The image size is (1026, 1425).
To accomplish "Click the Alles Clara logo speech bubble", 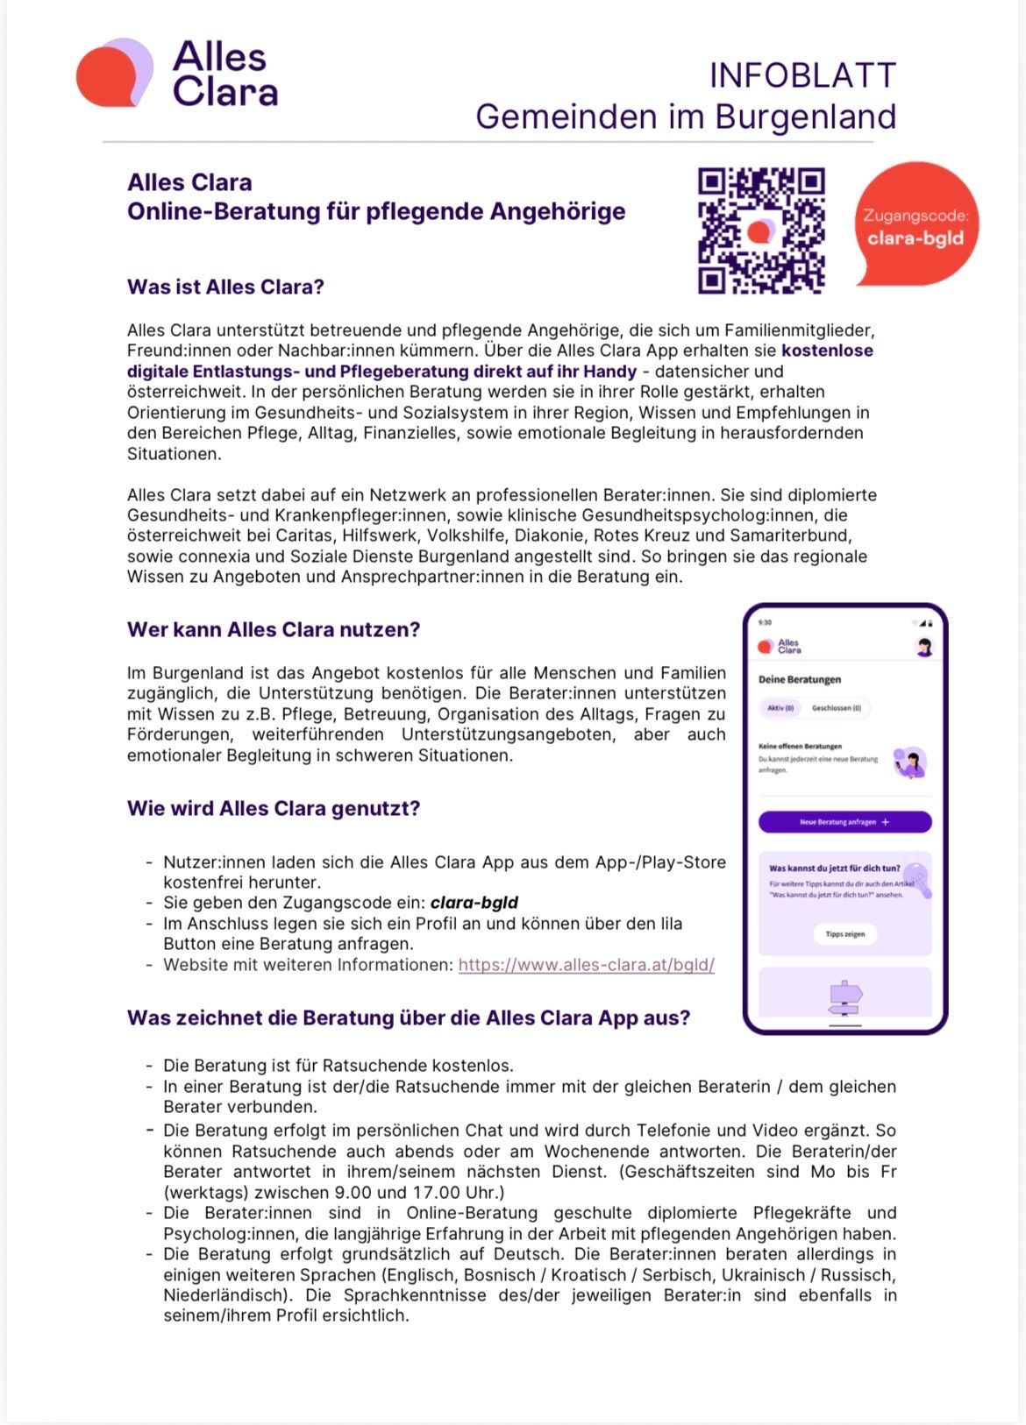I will (x=114, y=74).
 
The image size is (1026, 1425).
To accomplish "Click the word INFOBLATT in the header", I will (x=802, y=75).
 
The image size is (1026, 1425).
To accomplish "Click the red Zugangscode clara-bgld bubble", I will (x=916, y=226).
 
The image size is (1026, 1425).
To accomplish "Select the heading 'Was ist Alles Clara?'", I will (x=225, y=287).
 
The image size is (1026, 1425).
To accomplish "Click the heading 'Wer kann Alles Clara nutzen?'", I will (x=274, y=629).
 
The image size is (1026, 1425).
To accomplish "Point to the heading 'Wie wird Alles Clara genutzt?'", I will (x=274, y=808).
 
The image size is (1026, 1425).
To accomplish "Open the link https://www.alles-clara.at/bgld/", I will (x=586, y=965).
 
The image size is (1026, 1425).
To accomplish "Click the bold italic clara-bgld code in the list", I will (x=474, y=903).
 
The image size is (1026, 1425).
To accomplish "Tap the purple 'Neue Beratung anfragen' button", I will (x=844, y=822).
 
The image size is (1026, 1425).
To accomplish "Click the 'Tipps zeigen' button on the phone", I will (x=844, y=934).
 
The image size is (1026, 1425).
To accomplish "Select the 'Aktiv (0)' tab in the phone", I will (x=780, y=708).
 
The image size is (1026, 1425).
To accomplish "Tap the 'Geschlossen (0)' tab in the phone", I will (x=836, y=708).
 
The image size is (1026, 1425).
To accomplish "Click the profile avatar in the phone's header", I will (x=923, y=648).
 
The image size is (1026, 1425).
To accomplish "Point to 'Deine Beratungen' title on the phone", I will (x=799, y=679).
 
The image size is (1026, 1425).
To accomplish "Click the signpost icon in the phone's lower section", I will (x=845, y=997).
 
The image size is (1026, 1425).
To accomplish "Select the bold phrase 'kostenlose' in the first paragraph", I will (x=827, y=351).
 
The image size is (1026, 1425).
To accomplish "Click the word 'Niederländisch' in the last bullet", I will (x=223, y=1295).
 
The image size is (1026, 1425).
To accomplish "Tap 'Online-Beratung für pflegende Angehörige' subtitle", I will (x=376, y=211).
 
